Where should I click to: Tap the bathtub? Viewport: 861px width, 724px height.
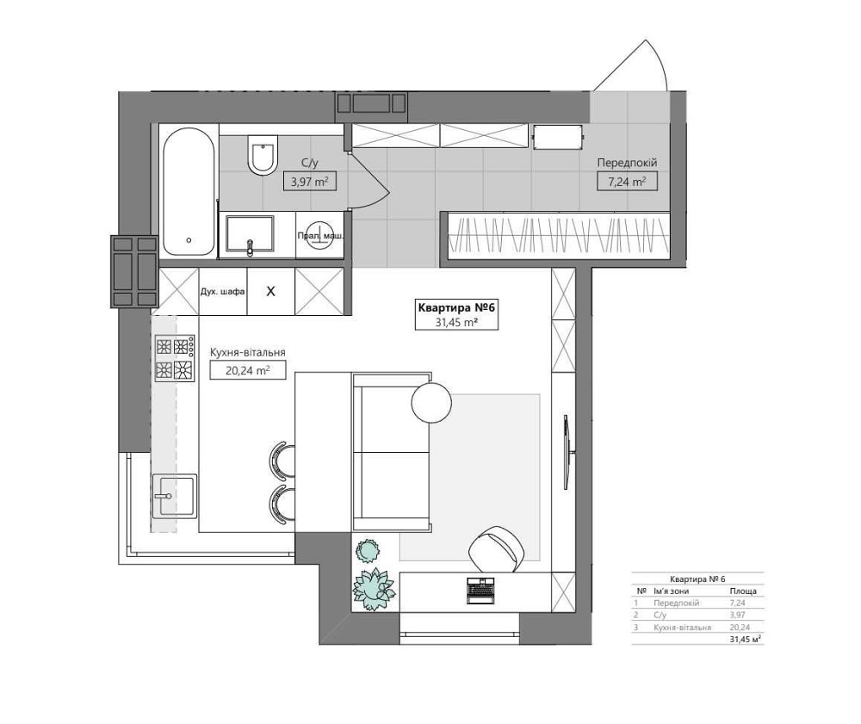(189, 192)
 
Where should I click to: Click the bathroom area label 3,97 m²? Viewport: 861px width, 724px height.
(310, 181)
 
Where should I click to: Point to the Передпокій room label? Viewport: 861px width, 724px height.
(627, 163)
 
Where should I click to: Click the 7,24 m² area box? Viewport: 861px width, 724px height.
(627, 182)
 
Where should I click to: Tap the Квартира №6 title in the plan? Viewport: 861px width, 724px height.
(456, 307)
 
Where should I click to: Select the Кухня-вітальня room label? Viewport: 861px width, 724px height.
(248, 353)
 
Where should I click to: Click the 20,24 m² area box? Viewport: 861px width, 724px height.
(248, 370)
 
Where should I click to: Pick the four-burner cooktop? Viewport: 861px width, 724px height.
(175, 358)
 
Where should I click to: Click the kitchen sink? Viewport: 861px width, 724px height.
(174, 496)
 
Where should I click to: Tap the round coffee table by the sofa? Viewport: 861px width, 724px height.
(431, 403)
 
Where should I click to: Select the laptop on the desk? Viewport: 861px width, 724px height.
(481, 590)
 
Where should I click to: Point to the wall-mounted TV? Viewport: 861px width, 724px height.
(567, 452)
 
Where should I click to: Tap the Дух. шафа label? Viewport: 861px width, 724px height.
(222, 292)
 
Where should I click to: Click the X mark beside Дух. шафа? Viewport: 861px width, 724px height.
(270, 292)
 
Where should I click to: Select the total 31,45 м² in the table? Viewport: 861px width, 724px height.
(745, 639)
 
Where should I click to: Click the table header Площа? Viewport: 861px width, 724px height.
(743, 591)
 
